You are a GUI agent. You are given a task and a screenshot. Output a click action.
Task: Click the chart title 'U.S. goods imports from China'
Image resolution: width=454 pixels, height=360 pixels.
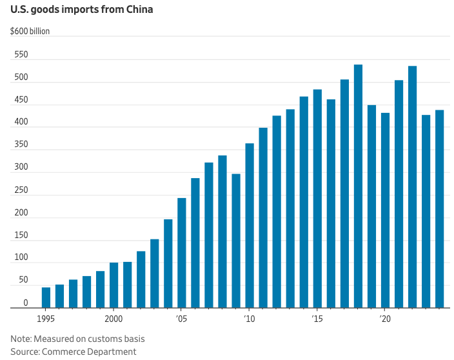(x=81, y=10)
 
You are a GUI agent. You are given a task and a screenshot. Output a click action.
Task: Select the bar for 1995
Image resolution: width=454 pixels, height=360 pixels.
(x=46, y=297)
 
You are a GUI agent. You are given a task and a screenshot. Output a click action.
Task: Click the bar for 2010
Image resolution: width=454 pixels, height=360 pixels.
(x=250, y=226)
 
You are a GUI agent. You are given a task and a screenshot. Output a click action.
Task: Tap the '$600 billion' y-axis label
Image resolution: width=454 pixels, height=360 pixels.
(x=30, y=31)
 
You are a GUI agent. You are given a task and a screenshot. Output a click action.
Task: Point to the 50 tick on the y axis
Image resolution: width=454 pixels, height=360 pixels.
(x=23, y=280)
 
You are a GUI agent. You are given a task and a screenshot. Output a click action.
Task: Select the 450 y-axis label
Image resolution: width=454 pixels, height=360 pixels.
(x=22, y=100)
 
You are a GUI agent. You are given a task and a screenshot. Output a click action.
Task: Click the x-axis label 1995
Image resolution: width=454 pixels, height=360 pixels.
(x=46, y=319)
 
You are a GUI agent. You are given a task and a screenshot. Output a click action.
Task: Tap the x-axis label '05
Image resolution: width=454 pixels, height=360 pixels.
(x=181, y=319)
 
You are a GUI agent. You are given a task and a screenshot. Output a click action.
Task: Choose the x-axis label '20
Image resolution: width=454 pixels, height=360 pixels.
(x=385, y=319)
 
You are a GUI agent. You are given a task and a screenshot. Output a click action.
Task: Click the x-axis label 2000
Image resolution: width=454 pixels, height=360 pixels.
(x=113, y=319)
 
